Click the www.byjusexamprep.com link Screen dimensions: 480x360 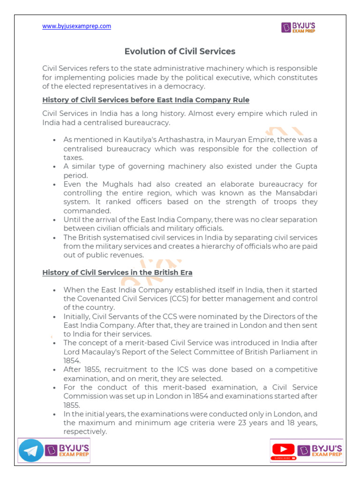tap(76, 26)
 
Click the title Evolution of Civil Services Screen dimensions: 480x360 tap(180, 51)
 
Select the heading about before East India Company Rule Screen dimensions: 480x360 tap(146, 100)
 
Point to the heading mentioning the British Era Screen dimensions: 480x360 tap(117, 272)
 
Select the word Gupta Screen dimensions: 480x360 tap(305, 166)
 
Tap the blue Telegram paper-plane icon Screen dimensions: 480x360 tap(31, 451)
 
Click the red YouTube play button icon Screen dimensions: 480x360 tap(283, 449)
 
